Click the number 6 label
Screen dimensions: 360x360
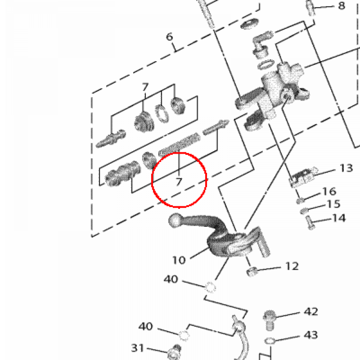[x=170, y=36]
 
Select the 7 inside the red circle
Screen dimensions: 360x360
[x=179, y=181]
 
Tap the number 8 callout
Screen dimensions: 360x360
[x=341, y=6]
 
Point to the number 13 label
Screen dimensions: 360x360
[x=346, y=168]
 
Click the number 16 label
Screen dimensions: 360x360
[x=329, y=192]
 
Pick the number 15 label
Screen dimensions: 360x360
[x=333, y=204]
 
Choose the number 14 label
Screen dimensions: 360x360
[x=339, y=218]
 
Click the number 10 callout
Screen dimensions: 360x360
[x=179, y=260]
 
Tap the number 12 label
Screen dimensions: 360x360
[x=292, y=266]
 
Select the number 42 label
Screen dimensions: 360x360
[x=311, y=312]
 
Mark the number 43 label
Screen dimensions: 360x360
[x=311, y=335]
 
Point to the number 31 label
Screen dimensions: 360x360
[x=138, y=348]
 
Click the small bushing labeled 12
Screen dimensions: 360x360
[x=251, y=271]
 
